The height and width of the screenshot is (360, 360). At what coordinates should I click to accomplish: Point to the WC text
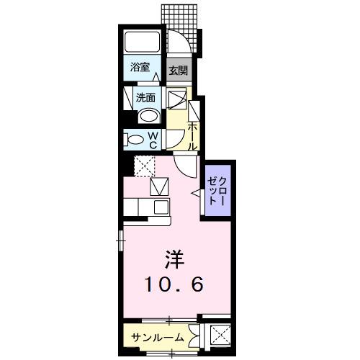(x=153, y=138)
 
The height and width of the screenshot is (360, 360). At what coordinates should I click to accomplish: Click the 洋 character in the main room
(x=170, y=257)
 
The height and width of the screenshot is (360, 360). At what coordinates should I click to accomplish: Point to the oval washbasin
(x=148, y=116)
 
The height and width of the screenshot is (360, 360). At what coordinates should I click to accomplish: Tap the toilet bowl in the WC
(x=133, y=138)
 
